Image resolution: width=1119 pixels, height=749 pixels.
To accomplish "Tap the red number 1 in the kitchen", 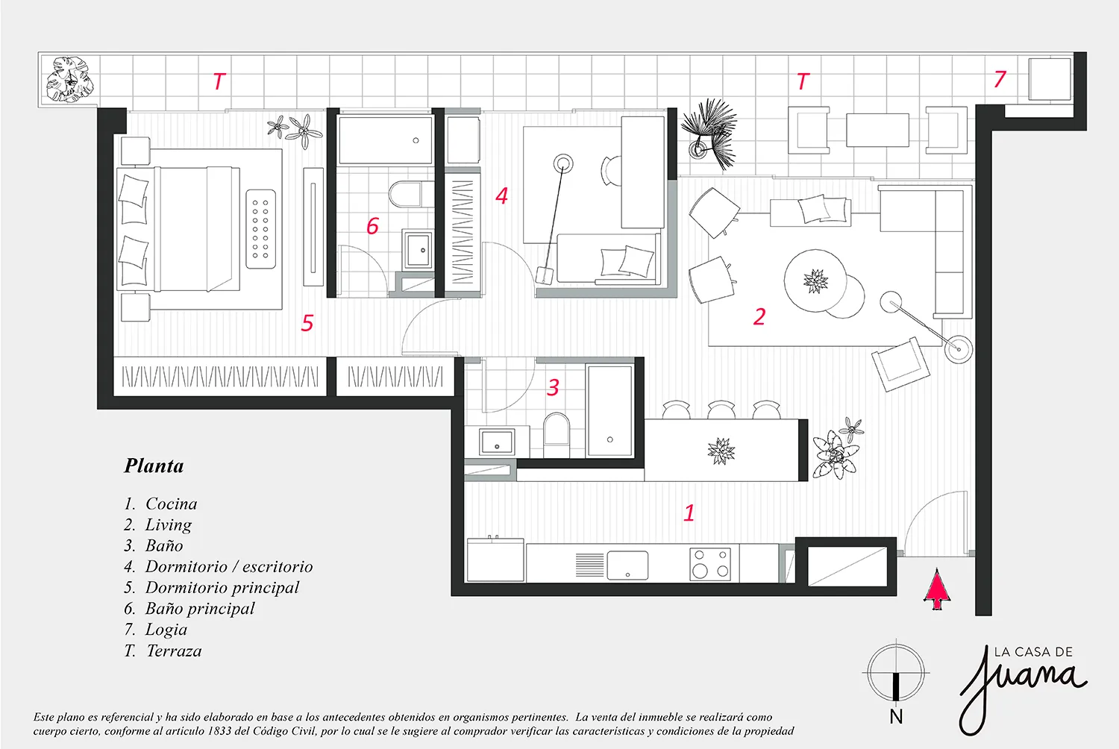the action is [x=689, y=513].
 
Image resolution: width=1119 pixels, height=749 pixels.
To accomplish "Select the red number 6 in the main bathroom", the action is [x=373, y=226].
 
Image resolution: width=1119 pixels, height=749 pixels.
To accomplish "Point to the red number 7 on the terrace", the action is [x=1000, y=79].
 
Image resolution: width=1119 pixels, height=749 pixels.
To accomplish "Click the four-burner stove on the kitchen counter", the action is [x=711, y=564].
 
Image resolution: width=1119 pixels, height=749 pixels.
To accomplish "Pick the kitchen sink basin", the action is [x=627, y=565].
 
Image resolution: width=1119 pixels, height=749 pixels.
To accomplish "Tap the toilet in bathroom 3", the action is [x=556, y=429].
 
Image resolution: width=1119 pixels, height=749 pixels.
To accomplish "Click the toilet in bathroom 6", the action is [x=406, y=195].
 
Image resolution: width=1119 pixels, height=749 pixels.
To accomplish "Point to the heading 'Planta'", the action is [x=154, y=466].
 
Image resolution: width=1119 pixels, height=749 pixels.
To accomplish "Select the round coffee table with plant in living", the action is [x=815, y=281].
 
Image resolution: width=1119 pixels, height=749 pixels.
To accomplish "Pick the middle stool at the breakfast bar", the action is [x=721, y=410].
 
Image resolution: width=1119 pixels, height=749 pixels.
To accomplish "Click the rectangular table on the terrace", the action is [x=877, y=130].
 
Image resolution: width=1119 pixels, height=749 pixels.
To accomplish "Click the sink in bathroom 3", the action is [x=496, y=442].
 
